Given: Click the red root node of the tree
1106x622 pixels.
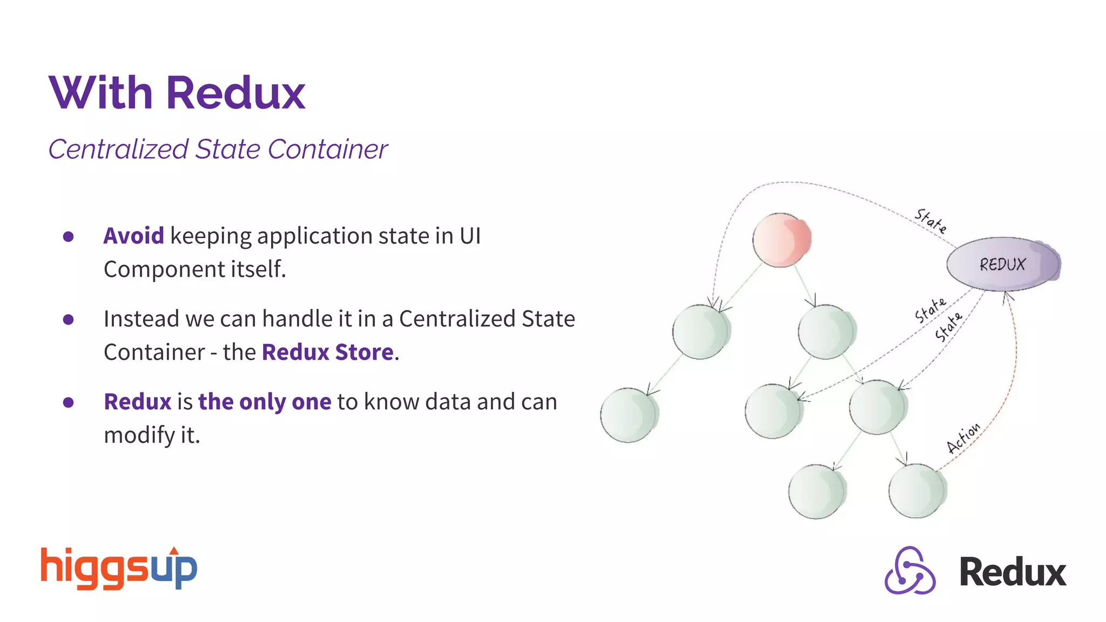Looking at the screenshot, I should point(781,240).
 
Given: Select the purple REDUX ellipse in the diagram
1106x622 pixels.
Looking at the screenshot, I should point(1003,264).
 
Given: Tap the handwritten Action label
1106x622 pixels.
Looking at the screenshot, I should point(963,438).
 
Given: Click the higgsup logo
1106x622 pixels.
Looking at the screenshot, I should point(119,568).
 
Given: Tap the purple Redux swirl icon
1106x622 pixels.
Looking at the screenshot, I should point(910,571).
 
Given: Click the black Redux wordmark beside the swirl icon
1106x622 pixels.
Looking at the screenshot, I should point(1013,572).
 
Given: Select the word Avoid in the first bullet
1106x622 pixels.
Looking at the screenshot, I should point(133,236).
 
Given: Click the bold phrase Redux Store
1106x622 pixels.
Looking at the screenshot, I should point(328,353).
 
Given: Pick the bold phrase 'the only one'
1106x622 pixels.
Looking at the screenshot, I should point(265,402).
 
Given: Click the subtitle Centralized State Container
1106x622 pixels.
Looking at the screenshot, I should point(218,149).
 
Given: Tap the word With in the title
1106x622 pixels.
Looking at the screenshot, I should point(101,93).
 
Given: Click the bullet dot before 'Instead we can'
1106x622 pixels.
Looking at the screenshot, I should point(68,320).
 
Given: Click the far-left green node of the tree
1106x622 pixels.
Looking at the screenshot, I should point(628,415).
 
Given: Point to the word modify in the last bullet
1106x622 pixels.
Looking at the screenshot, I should point(137,435).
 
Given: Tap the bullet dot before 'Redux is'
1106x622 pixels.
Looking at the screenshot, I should point(68,402).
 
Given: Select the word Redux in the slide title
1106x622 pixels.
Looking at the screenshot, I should point(236,93).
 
